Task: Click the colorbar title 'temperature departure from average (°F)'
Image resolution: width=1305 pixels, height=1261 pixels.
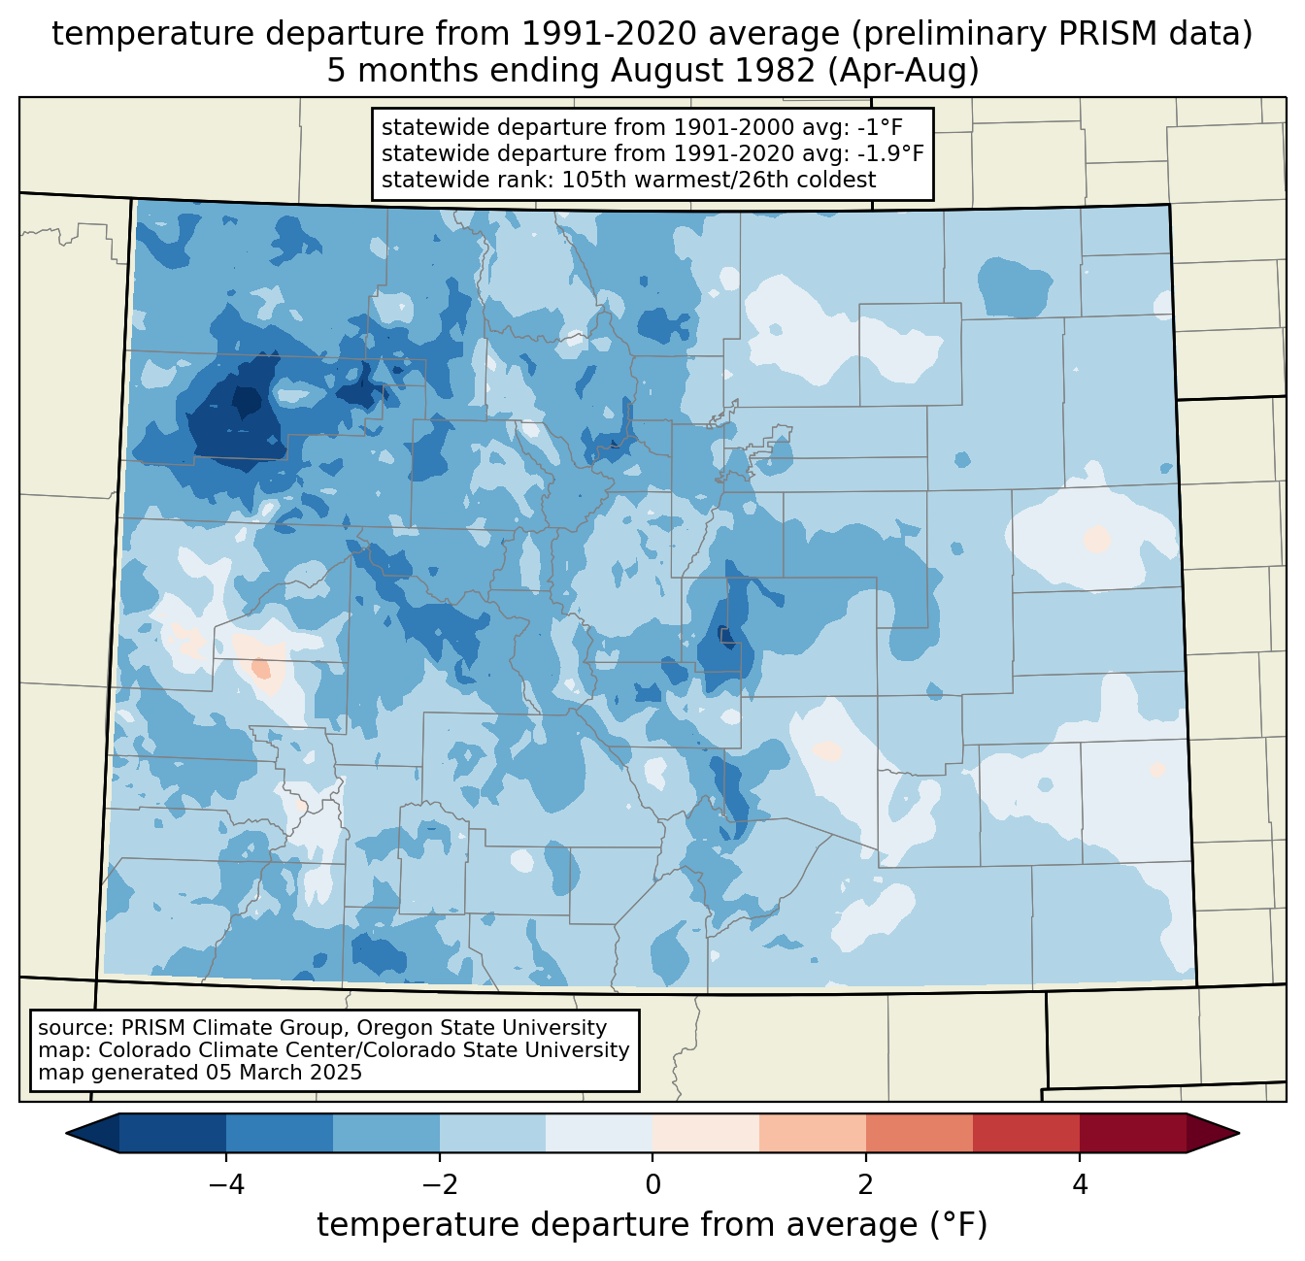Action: (x=652, y=1225)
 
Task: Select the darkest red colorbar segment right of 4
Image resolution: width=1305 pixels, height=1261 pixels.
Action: (x=1132, y=1133)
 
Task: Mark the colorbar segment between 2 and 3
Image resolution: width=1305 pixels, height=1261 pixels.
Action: (x=920, y=1133)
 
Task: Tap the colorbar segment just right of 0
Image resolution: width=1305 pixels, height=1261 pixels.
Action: (x=706, y=1133)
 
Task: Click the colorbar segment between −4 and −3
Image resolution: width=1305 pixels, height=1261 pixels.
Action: (x=280, y=1133)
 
